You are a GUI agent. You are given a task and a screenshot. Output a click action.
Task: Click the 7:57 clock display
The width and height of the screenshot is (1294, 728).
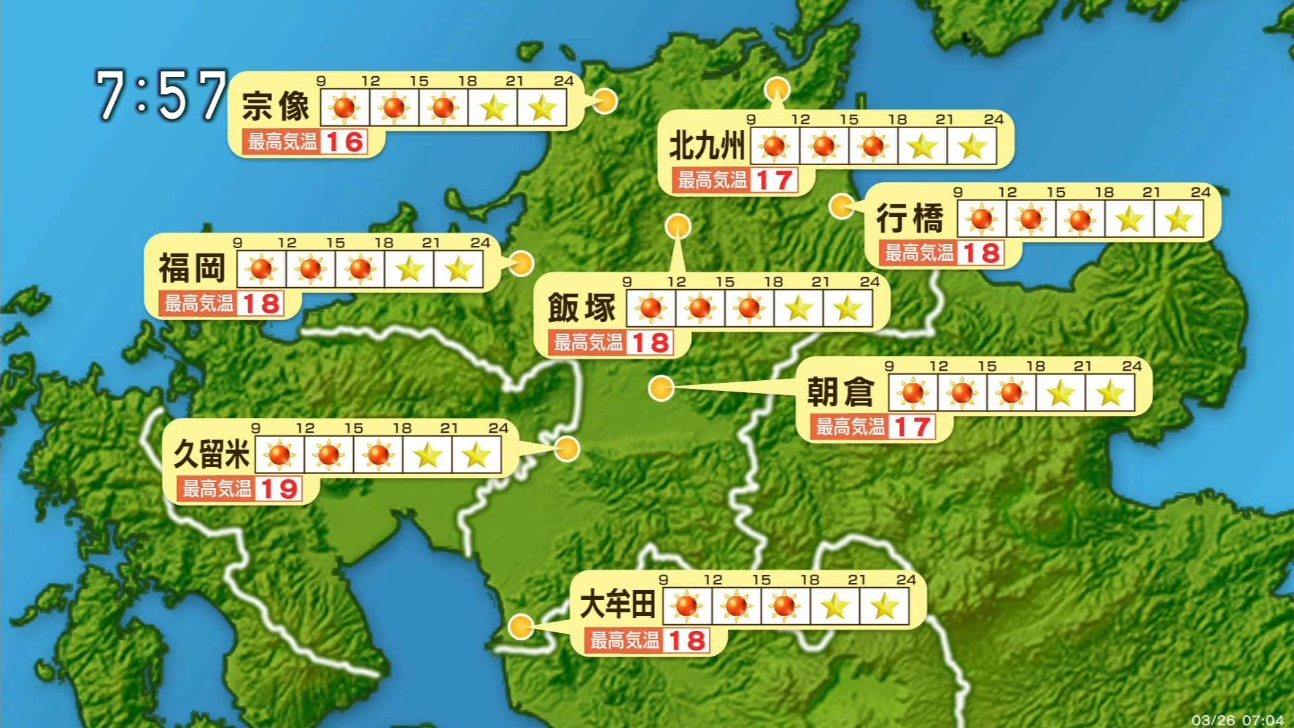pos(160,96)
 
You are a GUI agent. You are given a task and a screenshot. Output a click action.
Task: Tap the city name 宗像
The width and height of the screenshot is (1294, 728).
pos(276,107)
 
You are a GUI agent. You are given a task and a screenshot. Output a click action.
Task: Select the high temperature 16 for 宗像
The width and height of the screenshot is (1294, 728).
pos(344,142)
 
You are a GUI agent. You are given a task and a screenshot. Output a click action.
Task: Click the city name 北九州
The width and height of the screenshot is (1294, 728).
pos(706,146)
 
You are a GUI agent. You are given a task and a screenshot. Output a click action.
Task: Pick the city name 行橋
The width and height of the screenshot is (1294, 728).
pos(910,218)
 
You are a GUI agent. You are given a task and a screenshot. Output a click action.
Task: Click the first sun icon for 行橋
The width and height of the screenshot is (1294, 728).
pos(981,219)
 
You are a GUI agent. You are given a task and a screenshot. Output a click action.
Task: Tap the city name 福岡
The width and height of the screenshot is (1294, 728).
pos(191,268)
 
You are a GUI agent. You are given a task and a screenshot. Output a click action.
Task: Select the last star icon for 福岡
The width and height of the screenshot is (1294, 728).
pos(459,270)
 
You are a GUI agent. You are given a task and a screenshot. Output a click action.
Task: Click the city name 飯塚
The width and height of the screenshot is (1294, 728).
pos(582,308)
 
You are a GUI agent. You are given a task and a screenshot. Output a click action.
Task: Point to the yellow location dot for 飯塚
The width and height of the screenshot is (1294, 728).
pos(677,226)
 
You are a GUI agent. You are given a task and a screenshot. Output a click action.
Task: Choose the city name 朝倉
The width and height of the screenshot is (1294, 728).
pos(840,392)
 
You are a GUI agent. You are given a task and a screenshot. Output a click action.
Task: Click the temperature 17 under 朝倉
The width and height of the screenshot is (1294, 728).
pos(913,427)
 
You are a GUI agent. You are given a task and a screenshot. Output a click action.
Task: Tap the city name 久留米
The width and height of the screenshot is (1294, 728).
pos(212,454)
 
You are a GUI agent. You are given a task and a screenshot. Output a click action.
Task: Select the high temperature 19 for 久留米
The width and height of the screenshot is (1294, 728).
pos(279,489)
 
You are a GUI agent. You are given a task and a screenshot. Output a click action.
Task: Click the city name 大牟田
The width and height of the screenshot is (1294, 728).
pos(617,605)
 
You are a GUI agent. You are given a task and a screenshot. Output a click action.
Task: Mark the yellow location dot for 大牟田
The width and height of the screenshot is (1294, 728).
pos(520,627)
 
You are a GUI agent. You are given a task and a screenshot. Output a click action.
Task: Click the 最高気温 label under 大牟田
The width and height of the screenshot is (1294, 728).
pos(624,640)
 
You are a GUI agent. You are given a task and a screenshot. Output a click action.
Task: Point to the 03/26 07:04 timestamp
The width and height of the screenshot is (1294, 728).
pos(1237,720)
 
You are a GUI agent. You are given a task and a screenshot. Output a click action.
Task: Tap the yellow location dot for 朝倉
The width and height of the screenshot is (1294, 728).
pos(661,388)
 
